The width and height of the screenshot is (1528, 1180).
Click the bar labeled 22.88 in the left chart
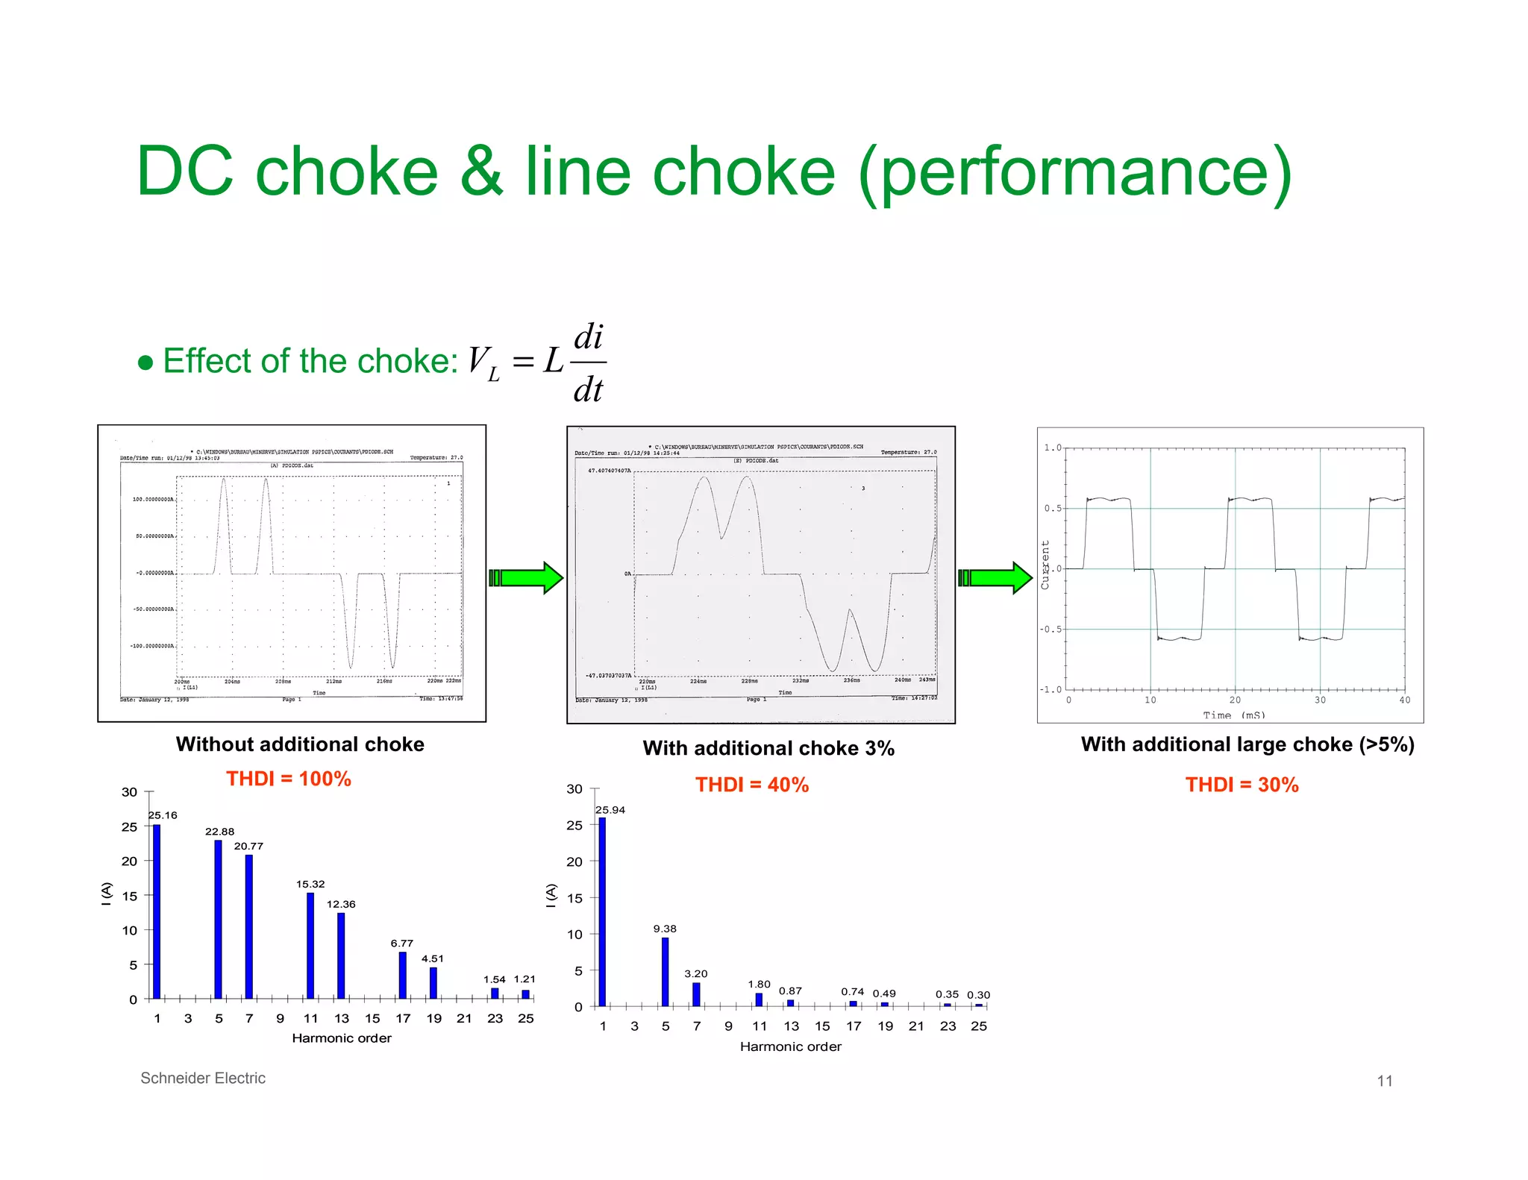[218, 919]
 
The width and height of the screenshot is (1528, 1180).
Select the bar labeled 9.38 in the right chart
[665, 971]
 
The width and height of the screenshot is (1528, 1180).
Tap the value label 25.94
[610, 810]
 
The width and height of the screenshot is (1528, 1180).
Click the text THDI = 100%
[289, 779]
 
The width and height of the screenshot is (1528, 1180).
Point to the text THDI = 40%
[752, 785]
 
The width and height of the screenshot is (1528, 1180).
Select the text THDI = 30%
[1241, 785]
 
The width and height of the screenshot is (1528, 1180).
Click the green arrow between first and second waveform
[526, 578]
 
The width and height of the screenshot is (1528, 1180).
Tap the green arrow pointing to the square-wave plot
[995, 578]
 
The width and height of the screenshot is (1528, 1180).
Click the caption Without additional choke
[300, 744]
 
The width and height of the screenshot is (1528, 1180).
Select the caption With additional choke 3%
[768, 748]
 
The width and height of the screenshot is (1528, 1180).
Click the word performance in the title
[1074, 173]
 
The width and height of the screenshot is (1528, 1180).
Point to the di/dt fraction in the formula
[589, 363]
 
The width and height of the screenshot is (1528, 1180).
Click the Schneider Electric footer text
[203, 1078]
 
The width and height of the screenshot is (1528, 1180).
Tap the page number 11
[1385, 1081]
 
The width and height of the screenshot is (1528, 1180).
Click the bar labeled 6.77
[403, 975]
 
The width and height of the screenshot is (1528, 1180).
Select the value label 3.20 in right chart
[696, 973]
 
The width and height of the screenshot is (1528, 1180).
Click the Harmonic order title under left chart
[342, 1038]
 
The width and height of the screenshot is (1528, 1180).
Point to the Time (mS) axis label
[1234, 715]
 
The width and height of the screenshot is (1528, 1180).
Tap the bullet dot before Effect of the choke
[146, 363]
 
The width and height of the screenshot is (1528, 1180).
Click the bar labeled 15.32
[310, 945]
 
